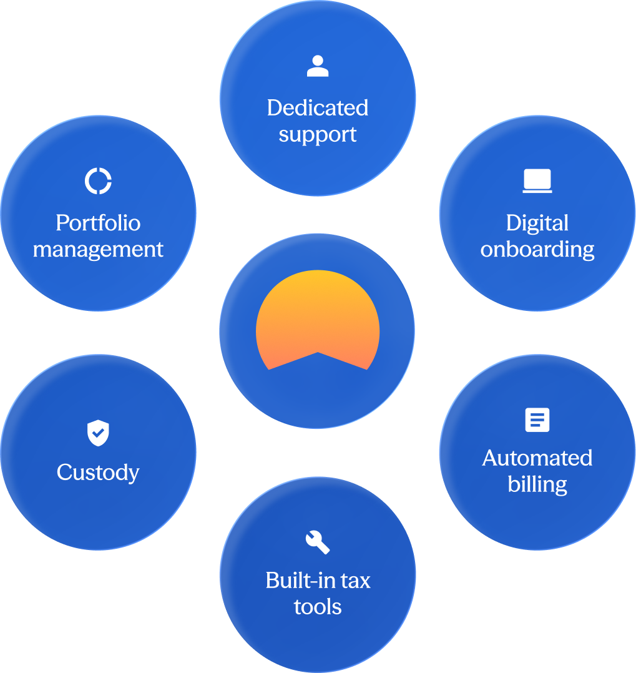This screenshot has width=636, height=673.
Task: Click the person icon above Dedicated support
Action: (318, 66)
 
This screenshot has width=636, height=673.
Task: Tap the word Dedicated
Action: (318, 108)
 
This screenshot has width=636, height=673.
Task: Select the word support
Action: (318, 135)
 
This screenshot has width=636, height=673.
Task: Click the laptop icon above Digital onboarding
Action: (537, 180)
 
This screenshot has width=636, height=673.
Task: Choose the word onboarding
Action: (537, 250)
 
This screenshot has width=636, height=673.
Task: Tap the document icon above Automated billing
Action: (537, 420)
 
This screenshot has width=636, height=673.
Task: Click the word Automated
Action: (537, 458)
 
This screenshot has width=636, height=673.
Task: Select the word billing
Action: (537, 485)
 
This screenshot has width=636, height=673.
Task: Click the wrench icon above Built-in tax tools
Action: (318, 542)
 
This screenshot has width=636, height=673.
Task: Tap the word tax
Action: (355, 581)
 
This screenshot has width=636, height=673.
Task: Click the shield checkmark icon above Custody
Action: (98, 433)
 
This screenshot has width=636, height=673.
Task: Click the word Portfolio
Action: (98, 224)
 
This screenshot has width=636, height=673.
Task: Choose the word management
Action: (98, 250)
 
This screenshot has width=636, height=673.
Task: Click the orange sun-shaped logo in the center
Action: (318, 313)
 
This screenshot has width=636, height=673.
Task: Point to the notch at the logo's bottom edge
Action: (318, 352)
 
